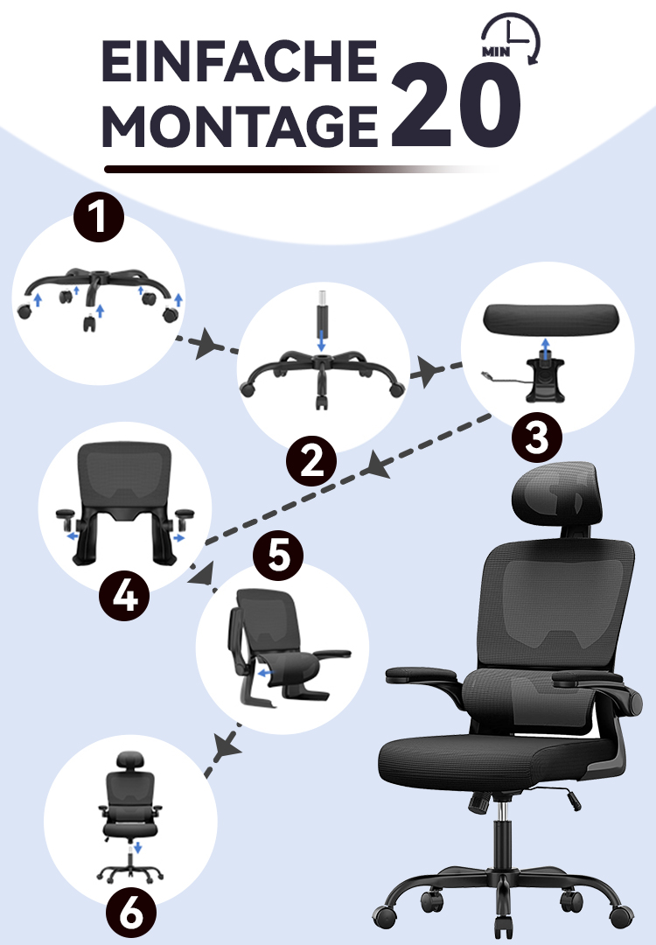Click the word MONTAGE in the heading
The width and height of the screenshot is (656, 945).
pos(239,126)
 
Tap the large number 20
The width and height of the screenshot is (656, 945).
pos(456,106)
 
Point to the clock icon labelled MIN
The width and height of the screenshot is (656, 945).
pos(511,38)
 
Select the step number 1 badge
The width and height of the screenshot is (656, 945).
pos(99,217)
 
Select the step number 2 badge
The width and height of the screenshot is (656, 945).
pos(311,462)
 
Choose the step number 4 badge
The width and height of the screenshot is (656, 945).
pos(124,596)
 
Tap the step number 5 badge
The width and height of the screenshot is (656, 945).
pos(277,556)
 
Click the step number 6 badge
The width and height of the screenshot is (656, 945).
pos(131,913)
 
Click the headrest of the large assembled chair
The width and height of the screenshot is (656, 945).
pos(556,487)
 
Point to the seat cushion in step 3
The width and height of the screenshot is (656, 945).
pos(552,318)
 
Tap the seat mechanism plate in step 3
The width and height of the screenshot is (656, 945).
pos(545,381)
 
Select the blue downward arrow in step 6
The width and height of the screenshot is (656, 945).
pos(137,847)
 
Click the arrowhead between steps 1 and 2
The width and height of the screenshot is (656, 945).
pos(204,344)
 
